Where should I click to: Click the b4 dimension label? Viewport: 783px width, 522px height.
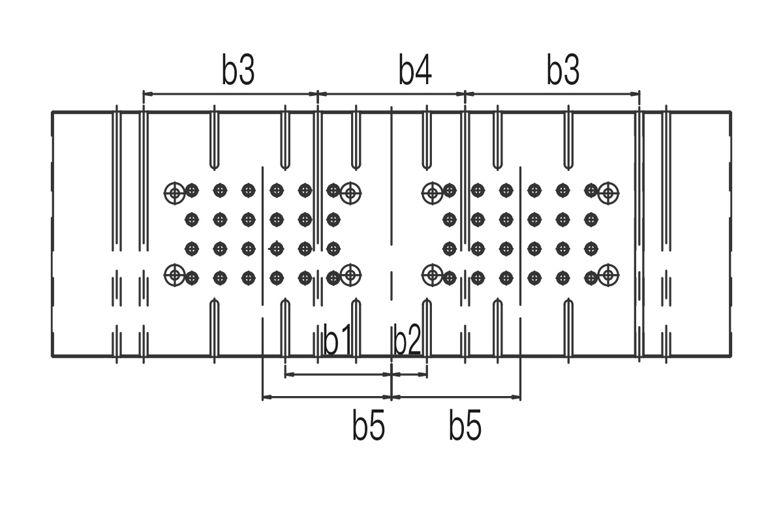[416, 71]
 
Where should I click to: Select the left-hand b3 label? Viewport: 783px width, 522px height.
[238, 71]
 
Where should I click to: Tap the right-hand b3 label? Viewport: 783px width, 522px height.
[563, 71]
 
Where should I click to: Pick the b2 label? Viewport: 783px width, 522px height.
[408, 341]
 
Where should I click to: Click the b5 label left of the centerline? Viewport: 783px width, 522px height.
[369, 427]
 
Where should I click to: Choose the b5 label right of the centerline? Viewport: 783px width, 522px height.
[465, 427]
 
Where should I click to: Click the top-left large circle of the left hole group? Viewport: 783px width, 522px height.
[174, 192]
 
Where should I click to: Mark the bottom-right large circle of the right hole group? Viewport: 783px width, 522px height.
[608, 275]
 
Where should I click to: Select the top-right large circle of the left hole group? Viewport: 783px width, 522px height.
[351, 192]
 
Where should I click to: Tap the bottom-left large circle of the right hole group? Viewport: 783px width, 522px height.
[432, 275]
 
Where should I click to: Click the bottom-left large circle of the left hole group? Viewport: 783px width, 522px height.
[174, 275]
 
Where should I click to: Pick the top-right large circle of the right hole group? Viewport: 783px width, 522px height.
[608, 192]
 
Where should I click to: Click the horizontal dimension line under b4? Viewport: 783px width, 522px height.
[391, 94]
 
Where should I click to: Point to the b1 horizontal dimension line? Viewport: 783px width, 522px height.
[338, 375]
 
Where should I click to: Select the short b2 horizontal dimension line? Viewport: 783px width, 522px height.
[409, 375]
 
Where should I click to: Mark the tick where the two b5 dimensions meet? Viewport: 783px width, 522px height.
[391, 397]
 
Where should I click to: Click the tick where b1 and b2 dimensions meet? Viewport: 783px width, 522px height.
[391, 375]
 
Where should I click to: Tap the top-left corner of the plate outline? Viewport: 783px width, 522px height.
[53, 112]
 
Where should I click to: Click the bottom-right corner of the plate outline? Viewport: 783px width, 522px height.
[731, 356]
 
